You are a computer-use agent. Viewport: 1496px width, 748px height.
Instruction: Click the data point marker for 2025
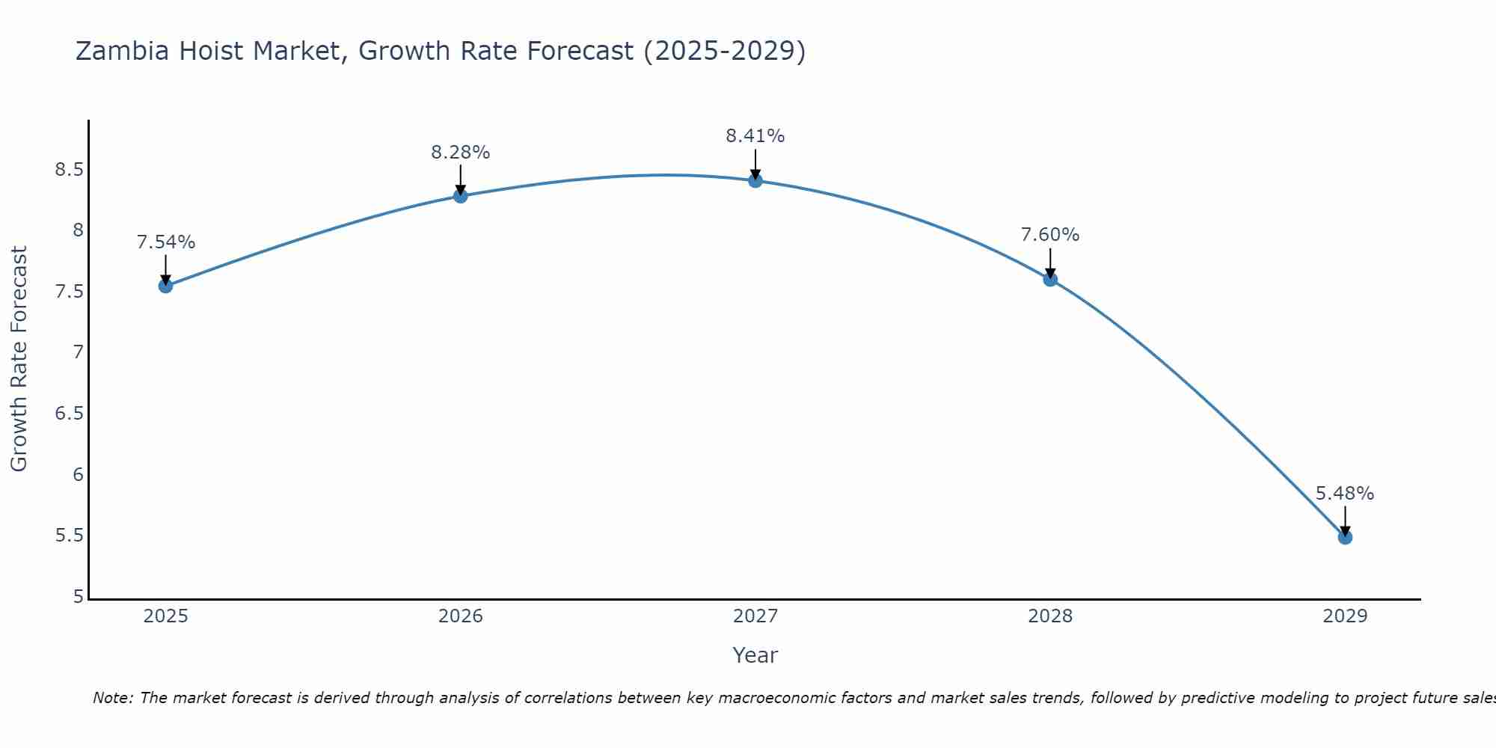click(166, 286)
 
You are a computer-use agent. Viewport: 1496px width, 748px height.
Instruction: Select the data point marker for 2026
click(461, 196)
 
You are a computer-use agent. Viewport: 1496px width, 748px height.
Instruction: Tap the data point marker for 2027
click(755, 180)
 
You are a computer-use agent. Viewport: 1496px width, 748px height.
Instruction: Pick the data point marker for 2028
click(1050, 279)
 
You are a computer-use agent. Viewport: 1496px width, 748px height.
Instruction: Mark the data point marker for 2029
click(1345, 537)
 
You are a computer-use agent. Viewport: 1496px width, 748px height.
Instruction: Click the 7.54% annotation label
click(166, 242)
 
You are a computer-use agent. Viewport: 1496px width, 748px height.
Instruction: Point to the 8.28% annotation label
click(461, 153)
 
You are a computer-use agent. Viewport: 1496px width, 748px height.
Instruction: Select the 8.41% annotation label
click(755, 136)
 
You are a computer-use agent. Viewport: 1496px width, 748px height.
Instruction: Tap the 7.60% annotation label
click(1050, 235)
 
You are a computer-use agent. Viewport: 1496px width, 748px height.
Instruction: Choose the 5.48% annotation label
click(1345, 494)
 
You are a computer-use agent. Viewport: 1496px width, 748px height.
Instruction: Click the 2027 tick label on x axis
click(755, 616)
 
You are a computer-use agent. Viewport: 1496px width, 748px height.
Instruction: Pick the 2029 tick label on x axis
click(1345, 616)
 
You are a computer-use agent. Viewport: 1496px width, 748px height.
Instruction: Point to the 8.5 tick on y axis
click(69, 170)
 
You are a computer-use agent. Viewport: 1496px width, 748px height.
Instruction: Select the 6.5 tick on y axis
click(69, 414)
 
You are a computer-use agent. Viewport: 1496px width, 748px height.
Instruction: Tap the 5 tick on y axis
click(78, 597)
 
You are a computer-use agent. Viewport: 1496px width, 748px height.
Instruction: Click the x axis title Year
click(755, 655)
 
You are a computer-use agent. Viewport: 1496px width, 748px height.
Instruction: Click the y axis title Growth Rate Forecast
click(19, 359)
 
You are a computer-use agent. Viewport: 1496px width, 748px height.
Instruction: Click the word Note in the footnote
click(112, 698)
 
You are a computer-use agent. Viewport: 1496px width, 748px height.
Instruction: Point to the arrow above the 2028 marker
click(1050, 263)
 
